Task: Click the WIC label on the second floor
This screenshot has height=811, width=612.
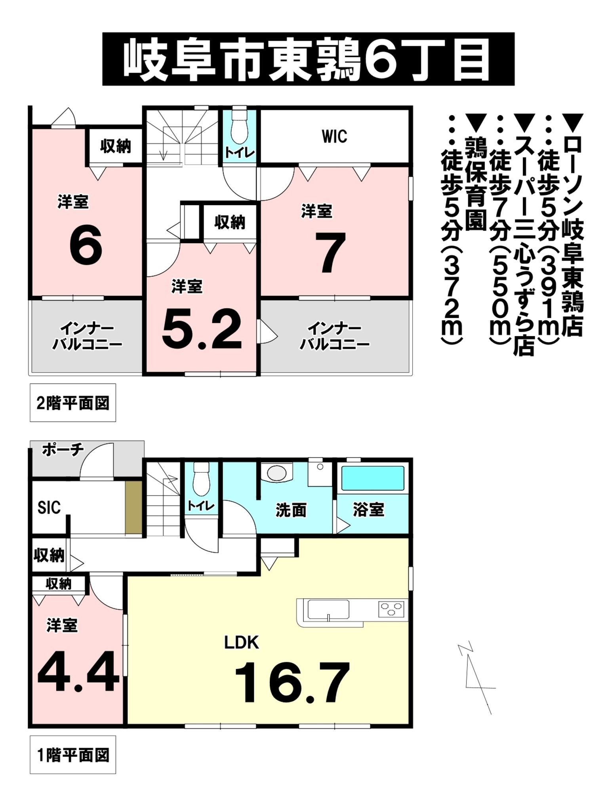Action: coord(334,137)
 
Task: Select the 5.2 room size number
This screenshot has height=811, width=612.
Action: coord(202,329)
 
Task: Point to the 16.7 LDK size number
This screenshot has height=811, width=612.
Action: coord(292,682)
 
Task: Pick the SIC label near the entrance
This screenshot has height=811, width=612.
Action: coord(49,507)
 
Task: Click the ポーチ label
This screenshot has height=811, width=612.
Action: coord(63,450)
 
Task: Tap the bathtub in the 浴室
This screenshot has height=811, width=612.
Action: coord(372,478)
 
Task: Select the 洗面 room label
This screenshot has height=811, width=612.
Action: coord(291,510)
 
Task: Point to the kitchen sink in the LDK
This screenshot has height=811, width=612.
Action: coord(328,609)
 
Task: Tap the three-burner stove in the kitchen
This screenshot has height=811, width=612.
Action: coord(391,609)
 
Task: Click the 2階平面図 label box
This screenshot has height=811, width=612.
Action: coord(73,403)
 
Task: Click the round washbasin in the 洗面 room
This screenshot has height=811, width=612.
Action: coord(276,472)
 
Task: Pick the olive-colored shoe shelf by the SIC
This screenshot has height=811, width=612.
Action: coord(133,508)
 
